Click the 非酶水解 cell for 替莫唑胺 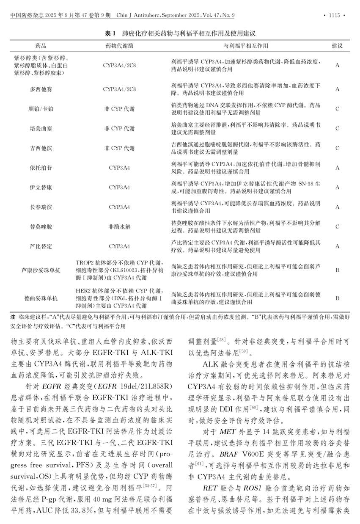[119, 226]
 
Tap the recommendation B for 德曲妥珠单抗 [337, 298]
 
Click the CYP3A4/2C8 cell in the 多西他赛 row [119, 89]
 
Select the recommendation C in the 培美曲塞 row [337, 128]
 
